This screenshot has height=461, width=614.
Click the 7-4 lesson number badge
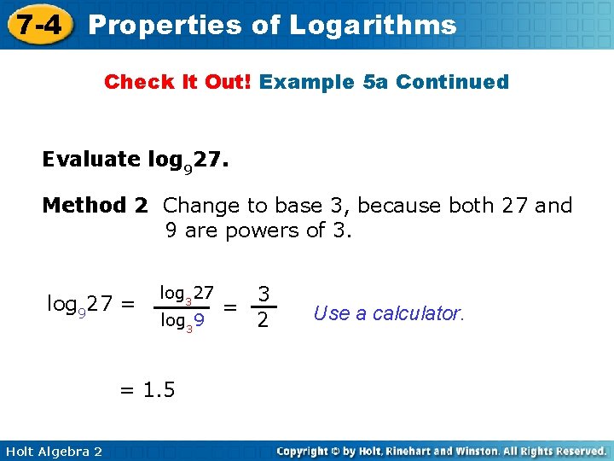pos(36,24)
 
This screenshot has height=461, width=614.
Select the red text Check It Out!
pos(177,83)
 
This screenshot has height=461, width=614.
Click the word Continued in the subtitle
pos(452,83)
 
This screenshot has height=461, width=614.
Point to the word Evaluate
pos(91,160)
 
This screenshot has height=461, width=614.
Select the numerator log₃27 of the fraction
pos(187,295)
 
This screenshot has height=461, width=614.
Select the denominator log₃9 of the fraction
pos(182,323)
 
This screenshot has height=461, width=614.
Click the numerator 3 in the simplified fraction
pos(264,295)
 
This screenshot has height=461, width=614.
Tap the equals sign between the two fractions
pos(230,307)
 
